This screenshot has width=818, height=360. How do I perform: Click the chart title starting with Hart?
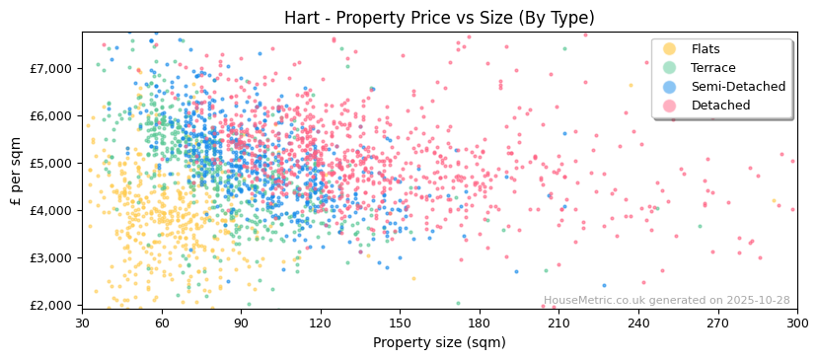click(x=439, y=18)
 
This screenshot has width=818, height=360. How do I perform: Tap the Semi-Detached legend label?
click(x=738, y=87)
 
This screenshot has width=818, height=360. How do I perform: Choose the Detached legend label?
click(x=720, y=106)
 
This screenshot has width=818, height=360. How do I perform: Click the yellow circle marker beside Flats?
click(x=670, y=49)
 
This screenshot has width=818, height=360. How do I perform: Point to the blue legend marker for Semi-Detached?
click(x=670, y=87)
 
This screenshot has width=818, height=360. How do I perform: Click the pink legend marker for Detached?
click(x=670, y=106)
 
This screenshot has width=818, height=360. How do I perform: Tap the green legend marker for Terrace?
click(x=670, y=68)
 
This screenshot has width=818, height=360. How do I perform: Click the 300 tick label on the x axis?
click(x=796, y=323)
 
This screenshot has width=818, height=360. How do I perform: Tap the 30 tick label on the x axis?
click(x=82, y=323)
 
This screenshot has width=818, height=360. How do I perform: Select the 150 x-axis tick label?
click(x=400, y=323)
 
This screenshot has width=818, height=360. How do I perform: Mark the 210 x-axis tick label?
click(x=558, y=323)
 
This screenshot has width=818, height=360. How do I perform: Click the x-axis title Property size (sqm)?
click(x=439, y=342)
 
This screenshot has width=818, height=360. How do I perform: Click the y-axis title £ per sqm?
click(x=17, y=170)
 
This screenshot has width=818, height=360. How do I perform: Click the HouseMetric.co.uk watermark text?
click(x=666, y=300)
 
